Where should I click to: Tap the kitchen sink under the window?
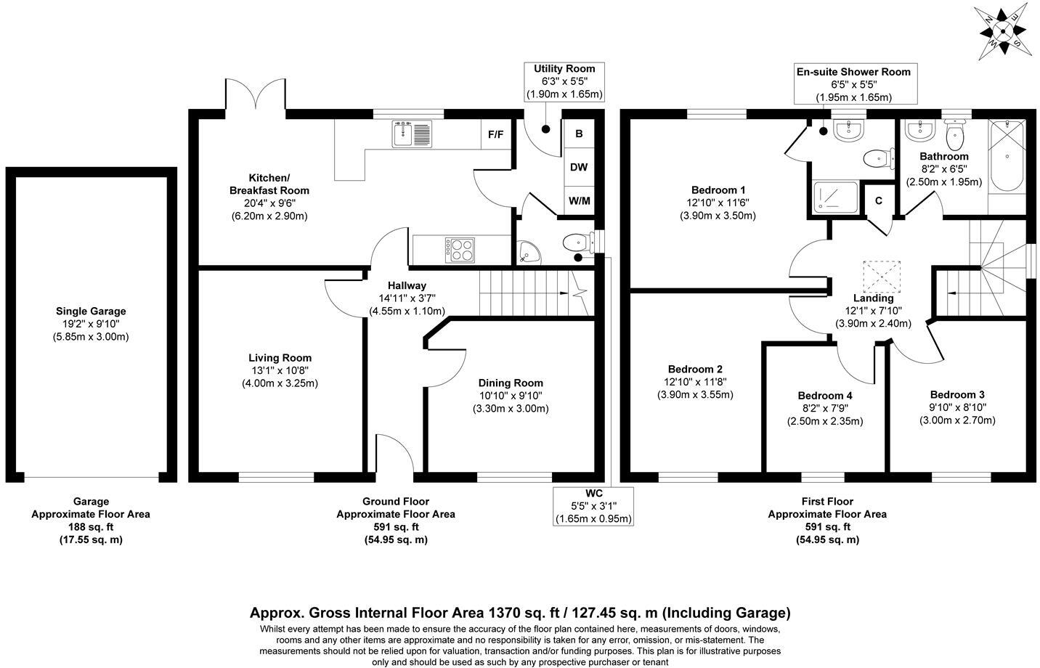412,134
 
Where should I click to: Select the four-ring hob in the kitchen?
460,250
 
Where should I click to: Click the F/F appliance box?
496,134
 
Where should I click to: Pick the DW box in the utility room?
579,167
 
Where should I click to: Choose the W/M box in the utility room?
579,200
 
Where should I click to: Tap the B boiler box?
579,134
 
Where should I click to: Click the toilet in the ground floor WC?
578,241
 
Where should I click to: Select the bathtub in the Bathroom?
1007,155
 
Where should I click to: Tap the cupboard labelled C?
878,200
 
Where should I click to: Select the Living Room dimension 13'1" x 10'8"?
280,370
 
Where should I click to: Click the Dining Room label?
511,383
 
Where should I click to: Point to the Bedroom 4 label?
825,395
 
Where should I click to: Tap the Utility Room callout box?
564,81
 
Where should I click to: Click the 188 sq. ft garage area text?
91,526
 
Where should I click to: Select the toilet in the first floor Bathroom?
955,132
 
